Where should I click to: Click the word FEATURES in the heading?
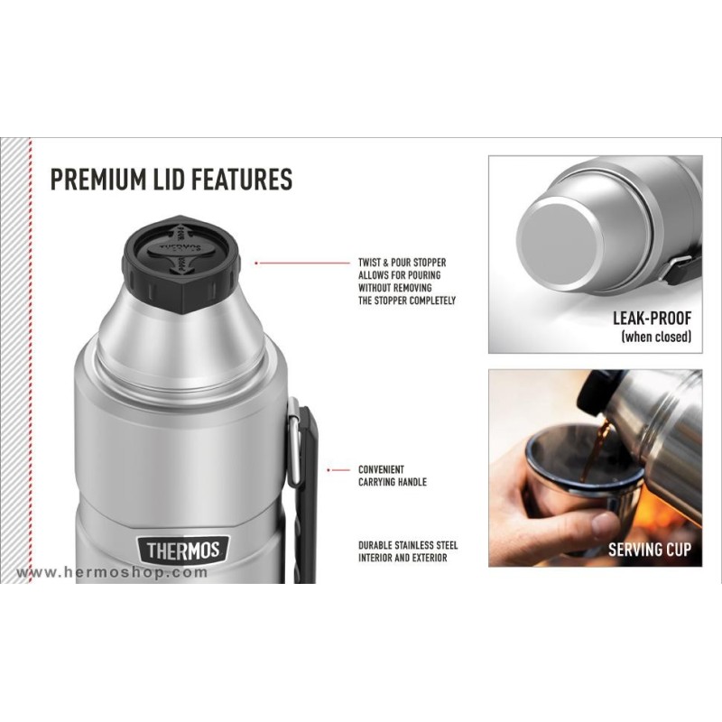[241, 179]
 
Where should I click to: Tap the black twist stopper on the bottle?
[181, 264]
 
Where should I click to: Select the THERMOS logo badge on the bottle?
[183, 551]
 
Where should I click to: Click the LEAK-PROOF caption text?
[652, 319]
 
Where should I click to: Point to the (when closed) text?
[656, 337]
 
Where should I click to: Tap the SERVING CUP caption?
[650, 550]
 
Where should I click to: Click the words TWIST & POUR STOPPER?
[402, 263]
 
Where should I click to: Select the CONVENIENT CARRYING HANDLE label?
[393, 476]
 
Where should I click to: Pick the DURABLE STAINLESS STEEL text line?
[408, 546]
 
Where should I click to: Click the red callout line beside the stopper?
[303, 263]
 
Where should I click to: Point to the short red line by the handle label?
[339, 470]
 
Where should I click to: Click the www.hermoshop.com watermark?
[112, 572]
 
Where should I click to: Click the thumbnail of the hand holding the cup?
[596, 467]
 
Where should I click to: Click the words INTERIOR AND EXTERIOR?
[403, 558]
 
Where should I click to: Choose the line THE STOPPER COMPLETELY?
[407, 301]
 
